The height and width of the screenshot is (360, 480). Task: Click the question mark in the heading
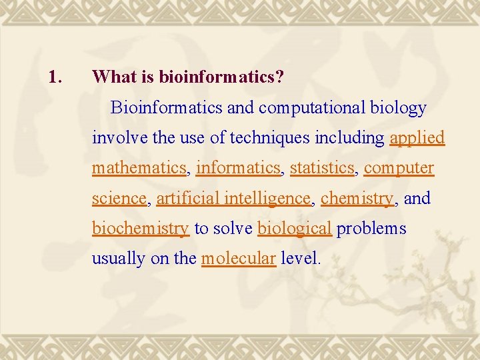tap(279, 77)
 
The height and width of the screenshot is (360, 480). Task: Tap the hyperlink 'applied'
tap(417, 138)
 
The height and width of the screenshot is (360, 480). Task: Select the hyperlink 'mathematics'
tap(139, 168)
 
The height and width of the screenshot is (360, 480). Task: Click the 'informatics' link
tap(238, 168)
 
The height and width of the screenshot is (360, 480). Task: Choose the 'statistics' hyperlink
tap(323, 168)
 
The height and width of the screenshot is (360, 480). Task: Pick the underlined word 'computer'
tap(399, 168)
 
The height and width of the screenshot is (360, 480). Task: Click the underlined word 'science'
tap(119, 198)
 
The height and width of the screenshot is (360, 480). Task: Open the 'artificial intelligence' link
tap(233, 198)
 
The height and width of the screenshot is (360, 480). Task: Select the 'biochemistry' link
tap(140, 229)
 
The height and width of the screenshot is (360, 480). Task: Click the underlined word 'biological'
tap(294, 229)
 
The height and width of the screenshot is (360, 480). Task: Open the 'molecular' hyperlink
tap(238, 259)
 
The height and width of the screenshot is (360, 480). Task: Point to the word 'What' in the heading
tap(114, 77)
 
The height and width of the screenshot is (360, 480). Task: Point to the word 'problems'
tap(371, 229)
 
